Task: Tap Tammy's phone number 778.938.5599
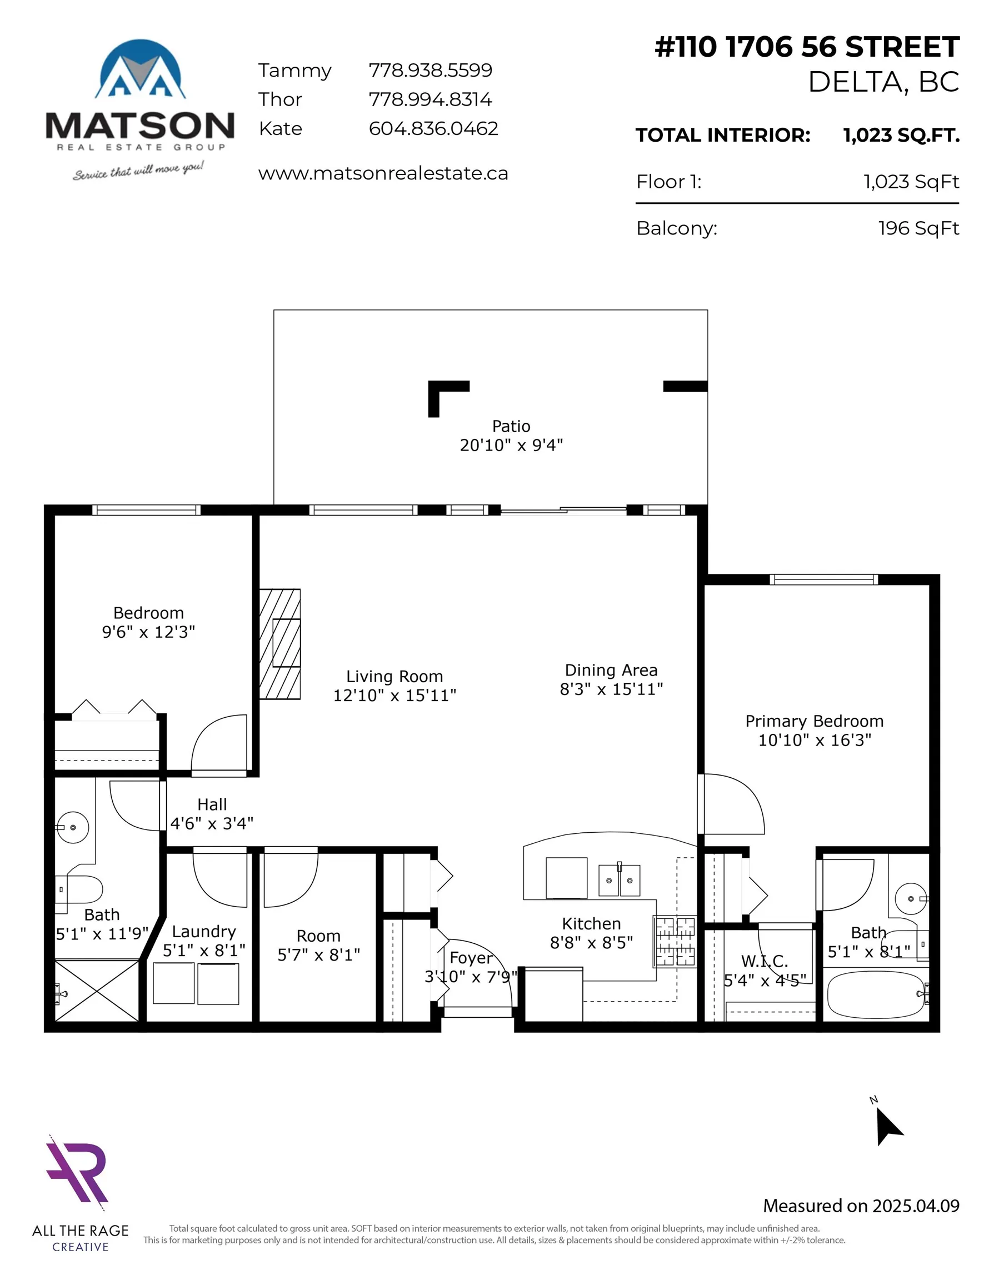(x=429, y=71)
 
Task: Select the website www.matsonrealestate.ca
(x=383, y=173)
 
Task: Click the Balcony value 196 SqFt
(x=918, y=228)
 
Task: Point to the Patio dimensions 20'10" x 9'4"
(x=511, y=446)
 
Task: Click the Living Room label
(x=394, y=676)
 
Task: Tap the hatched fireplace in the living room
(x=279, y=643)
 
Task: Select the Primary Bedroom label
(x=814, y=721)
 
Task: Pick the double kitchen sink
(x=618, y=881)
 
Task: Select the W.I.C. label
(x=764, y=961)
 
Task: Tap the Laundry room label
(x=203, y=931)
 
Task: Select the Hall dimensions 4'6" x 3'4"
(x=212, y=823)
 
